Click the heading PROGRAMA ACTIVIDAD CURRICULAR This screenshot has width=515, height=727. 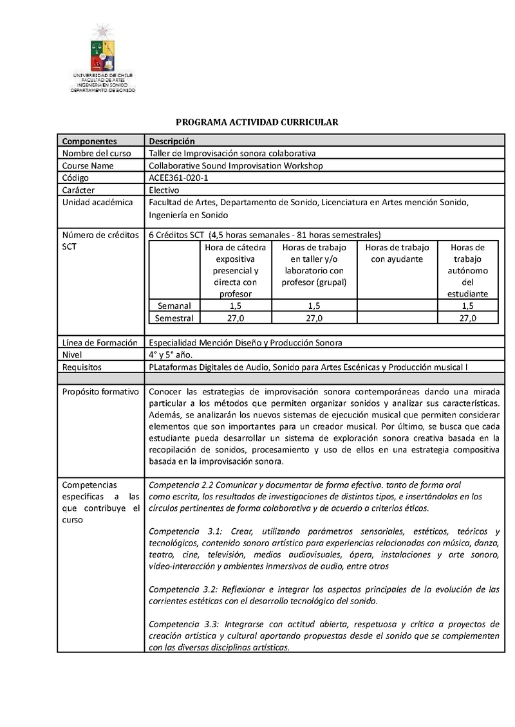(257, 122)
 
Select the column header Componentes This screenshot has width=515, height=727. (89, 141)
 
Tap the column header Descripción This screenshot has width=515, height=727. (171, 141)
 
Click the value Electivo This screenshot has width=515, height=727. (164, 190)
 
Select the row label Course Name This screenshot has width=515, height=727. (88, 165)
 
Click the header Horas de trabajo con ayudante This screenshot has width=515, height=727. (397, 253)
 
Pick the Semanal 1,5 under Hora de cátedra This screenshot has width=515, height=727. (236, 306)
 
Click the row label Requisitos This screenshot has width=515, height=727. (83, 367)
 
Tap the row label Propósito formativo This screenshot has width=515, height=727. (100, 392)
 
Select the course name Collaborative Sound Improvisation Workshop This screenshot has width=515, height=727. (236, 165)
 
